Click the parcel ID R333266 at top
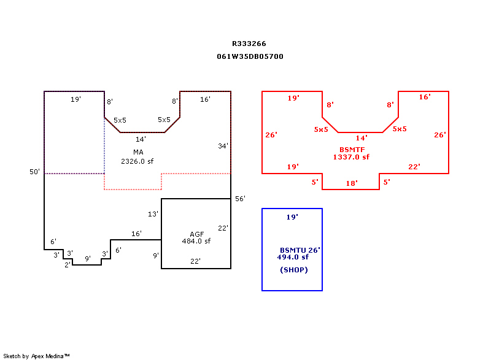click(249, 44)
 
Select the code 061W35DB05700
click(250, 56)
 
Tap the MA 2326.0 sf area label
click(137, 157)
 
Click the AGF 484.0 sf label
click(196, 238)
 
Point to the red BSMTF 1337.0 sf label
click(351, 153)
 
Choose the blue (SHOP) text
click(294, 270)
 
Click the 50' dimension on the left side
click(34, 172)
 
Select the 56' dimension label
click(240, 199)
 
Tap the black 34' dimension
click(223, 146)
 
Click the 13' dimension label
click(153, 214)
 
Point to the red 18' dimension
click(351, 183)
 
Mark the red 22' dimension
click(414, 167)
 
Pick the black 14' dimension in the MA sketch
click(141, 139)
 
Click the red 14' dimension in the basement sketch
click(361, 138)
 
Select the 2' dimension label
click(68, 265)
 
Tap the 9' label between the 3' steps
click(88, 258)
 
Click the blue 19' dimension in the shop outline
click(292, 217)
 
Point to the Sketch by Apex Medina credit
click(36, 356)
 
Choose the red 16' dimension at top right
click(425, 97)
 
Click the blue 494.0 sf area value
click(293, 257)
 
